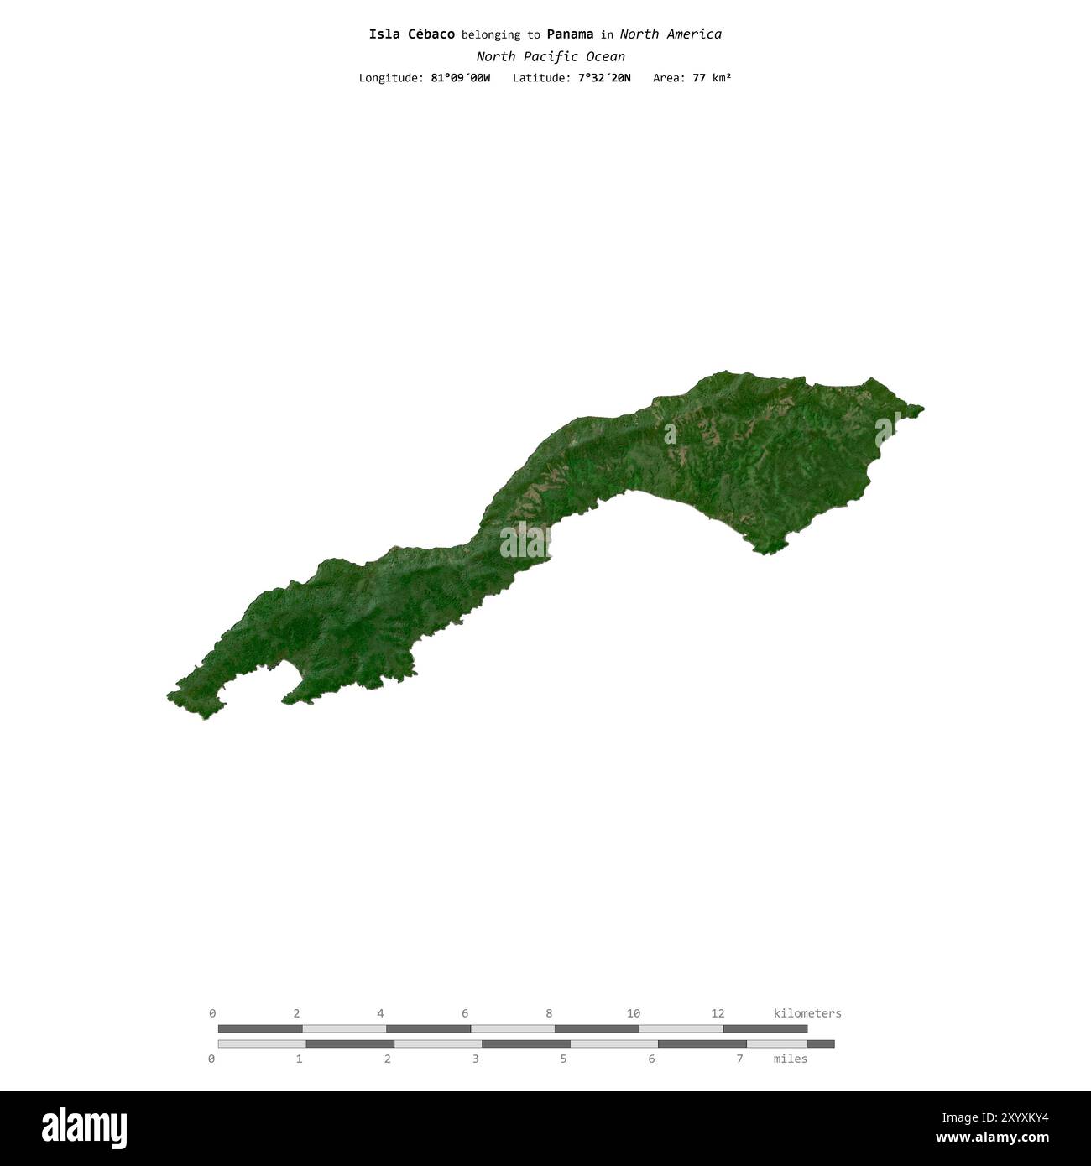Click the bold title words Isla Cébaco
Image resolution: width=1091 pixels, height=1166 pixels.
411,34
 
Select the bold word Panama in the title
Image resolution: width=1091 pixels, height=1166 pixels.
570,34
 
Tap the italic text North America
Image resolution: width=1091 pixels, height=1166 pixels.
671,34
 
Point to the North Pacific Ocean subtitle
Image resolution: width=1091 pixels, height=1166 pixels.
551,57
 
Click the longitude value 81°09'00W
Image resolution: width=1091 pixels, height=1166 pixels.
460,78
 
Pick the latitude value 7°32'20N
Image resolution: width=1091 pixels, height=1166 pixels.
604,78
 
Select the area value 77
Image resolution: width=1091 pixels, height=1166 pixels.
698,78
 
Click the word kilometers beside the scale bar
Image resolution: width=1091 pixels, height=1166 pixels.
807,1013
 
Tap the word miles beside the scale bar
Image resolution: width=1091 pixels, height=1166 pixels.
791,1059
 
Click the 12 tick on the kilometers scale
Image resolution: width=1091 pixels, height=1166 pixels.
718,1013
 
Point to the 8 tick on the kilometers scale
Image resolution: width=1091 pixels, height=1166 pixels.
549,1013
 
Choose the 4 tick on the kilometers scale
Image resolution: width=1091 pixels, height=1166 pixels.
381,1013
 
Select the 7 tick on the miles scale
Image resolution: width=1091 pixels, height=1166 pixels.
739,1059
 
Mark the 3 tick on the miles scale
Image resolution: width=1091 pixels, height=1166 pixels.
476,1059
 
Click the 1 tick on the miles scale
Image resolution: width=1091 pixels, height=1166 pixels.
300,1059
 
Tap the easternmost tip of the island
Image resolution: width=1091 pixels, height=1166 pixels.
922,409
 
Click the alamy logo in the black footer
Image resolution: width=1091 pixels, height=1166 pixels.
84,1128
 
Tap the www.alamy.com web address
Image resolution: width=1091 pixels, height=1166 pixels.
992,1138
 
